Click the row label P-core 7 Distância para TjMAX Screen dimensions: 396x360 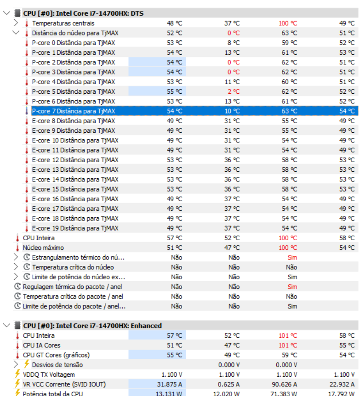(x=74, y=111)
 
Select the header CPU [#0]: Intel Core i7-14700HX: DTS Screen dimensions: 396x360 (x=83, y=13)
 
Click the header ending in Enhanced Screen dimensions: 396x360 (x=92, y=326)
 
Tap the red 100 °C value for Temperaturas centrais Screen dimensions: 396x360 (x=287, y=23)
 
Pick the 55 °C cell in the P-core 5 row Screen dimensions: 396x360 (x=174, y=91)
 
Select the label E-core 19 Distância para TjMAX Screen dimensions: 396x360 (x=75, y=228)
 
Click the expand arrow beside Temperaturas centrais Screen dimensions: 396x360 (x=16, y=23)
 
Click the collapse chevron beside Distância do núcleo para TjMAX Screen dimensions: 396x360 (x=16, y=33)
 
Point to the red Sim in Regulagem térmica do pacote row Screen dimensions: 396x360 (x=292, y=287)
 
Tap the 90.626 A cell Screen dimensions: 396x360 (x=285, y=385)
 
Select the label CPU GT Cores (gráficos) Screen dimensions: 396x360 (x=56, y=355)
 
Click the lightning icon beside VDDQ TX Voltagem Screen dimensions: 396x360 (x=17, y=374)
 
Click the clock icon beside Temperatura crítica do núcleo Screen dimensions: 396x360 (x=27, y=267)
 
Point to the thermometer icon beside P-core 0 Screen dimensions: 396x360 (x=27, y=43)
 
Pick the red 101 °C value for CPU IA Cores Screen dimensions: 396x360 (x=287, y=345)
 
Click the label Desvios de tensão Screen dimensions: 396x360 (x=57, y=365)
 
